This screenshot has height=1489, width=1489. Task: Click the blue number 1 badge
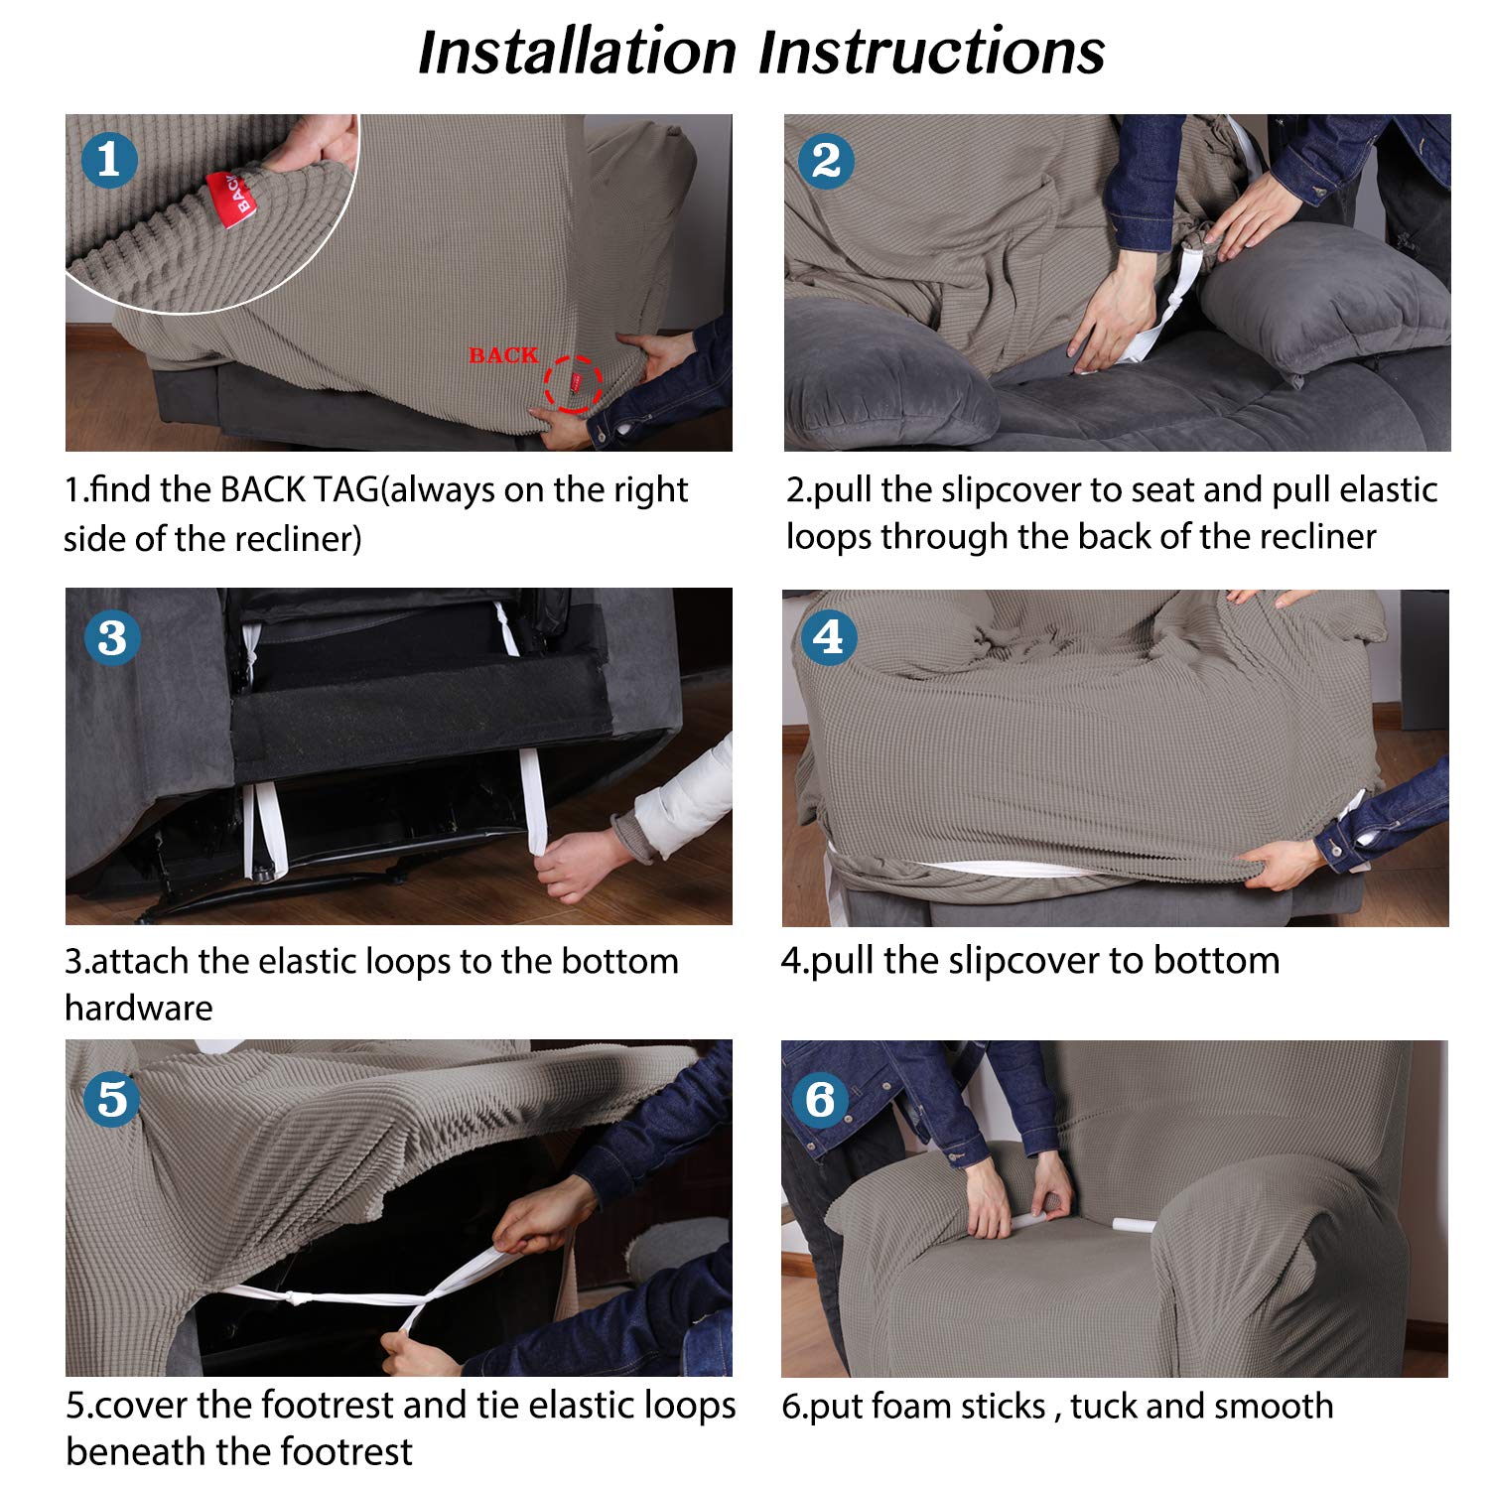[x=108, y=160]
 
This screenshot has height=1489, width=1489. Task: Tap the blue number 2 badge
[x=826, y=160]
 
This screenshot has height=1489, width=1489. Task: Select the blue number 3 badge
[x=111, y=637]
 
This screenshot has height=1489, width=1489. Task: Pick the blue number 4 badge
[x=828, y=636]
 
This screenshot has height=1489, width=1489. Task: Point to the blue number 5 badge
[x=111, y=1098]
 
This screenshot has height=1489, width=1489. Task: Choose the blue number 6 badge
[x=820, y=1098]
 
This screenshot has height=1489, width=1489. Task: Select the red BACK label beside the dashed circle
[x=503, y=355]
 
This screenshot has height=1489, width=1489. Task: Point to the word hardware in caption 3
[x=139, y=1008]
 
